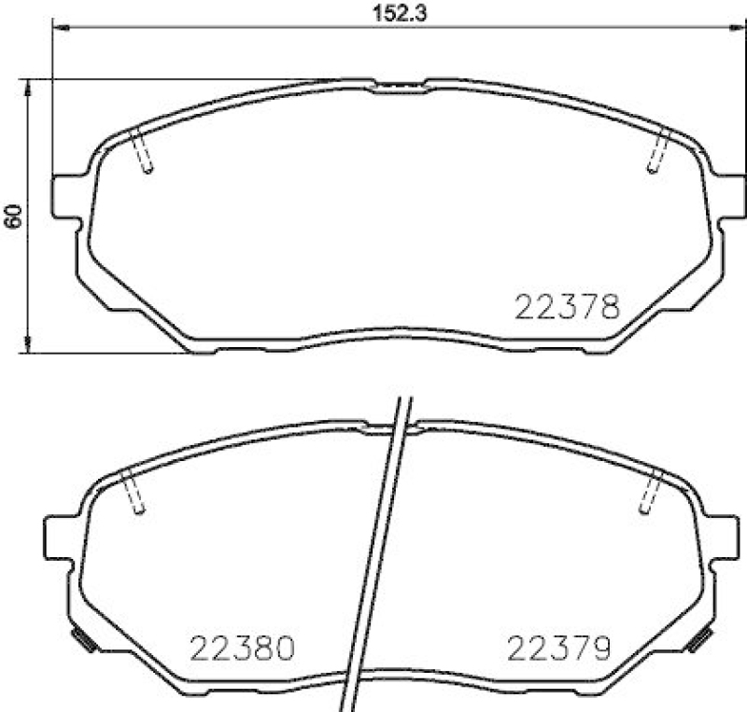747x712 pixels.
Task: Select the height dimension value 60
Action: tap(13, 216)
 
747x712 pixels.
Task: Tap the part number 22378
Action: tap(568, 307)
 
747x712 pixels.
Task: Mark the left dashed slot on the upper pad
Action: tap(143, 150)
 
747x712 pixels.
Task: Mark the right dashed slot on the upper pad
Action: tap(659, 150)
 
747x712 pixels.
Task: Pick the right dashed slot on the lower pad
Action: tap(652, 491)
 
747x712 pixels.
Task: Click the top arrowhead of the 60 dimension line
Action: tap(29, 86)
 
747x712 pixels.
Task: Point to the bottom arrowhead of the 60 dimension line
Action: tap(29, 346)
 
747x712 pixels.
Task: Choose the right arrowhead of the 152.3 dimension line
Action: tap(738, 29)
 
